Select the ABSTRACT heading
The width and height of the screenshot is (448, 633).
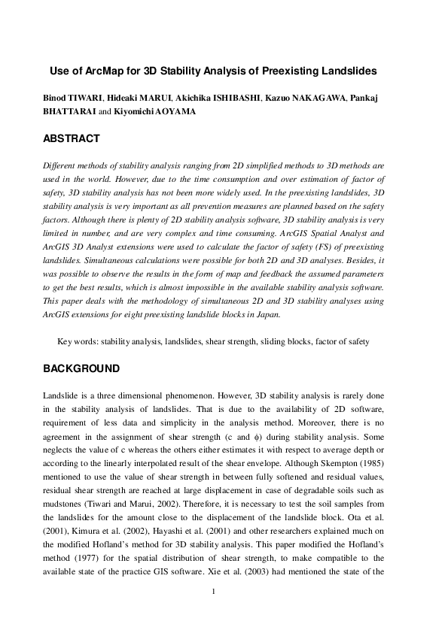pyautogui.click(x=71, y=139)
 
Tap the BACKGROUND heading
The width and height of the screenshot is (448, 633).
pyautogui.click(x=81, y=369)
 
